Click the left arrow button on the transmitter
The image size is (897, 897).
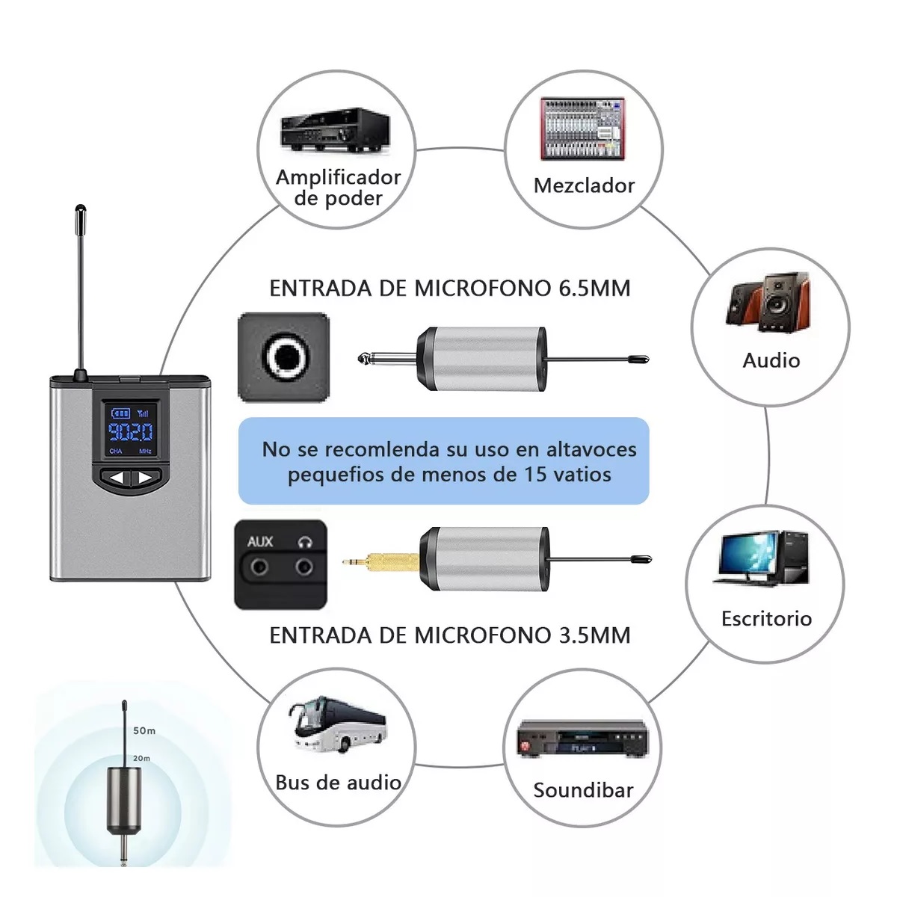point(114,478)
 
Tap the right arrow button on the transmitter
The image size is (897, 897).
point(145,478)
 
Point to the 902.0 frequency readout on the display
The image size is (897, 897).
point(130,432)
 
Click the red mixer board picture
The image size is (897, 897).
point(582,128)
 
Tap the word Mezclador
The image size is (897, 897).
point(584,185)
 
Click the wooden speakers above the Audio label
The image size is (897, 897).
point(768,302)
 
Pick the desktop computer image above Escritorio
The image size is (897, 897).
point(763,558)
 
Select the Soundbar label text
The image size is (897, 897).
point(583,790)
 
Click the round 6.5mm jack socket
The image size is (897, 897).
point(283,357)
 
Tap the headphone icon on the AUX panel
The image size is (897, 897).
point(304,542)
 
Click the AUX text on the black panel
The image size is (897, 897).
point(260,541)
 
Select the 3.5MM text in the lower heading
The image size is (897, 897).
point(594,635)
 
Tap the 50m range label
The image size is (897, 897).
point(144,730)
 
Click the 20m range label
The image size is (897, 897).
point(141,758)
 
